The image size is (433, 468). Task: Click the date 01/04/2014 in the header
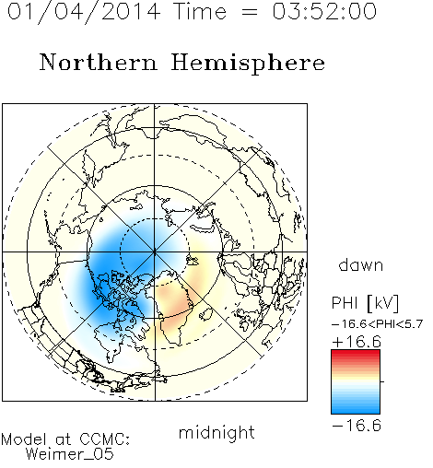(x=84, y=12)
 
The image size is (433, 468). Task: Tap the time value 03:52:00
(x=324, y=12)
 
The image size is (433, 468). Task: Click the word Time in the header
(x=200, y=12)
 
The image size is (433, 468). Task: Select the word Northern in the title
(x=99, y=62)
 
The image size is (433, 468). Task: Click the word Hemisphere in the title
(x=248, y=64)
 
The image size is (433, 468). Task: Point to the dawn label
(x=361, y=265)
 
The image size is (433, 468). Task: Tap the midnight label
(x=216, y=433)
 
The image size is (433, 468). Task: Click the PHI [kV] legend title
(x=365, y=303)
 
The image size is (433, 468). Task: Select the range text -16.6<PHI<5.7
(x=378, y=324)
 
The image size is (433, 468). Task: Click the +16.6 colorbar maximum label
(x=357, y=342)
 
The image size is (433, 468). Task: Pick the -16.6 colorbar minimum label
(x=357, y=426)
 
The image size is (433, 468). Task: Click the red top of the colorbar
(x=356, y=354)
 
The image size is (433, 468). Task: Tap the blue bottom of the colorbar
(x=356, y=409)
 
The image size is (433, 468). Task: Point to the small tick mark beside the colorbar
(x=382, y=381)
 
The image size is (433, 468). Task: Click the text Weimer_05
(x=70, y=453)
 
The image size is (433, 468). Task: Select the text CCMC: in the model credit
(x=105, y=439)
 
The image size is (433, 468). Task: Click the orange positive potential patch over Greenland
(x=175, y=302)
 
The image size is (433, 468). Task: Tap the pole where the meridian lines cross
(x=155, y=252)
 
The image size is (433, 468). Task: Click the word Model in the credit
(x=24, y=439)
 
